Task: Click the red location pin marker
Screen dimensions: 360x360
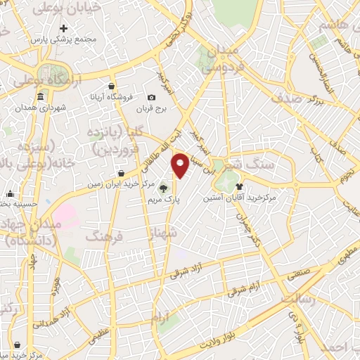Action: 181,165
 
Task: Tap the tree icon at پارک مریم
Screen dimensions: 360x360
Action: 164,188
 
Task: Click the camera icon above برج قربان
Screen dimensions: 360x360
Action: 151,97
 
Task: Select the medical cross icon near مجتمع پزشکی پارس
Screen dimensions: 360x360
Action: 64,29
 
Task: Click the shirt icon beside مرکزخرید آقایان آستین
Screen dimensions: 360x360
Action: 240,186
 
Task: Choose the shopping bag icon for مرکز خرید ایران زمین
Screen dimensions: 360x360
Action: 122,172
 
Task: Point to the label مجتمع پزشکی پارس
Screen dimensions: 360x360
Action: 67,39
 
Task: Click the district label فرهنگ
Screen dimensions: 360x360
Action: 104,238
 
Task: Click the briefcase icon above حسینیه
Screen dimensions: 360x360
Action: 10,194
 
